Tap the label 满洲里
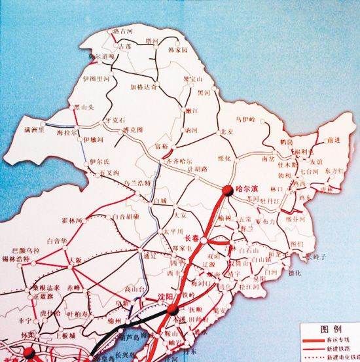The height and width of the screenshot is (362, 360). (x=31, y=131)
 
